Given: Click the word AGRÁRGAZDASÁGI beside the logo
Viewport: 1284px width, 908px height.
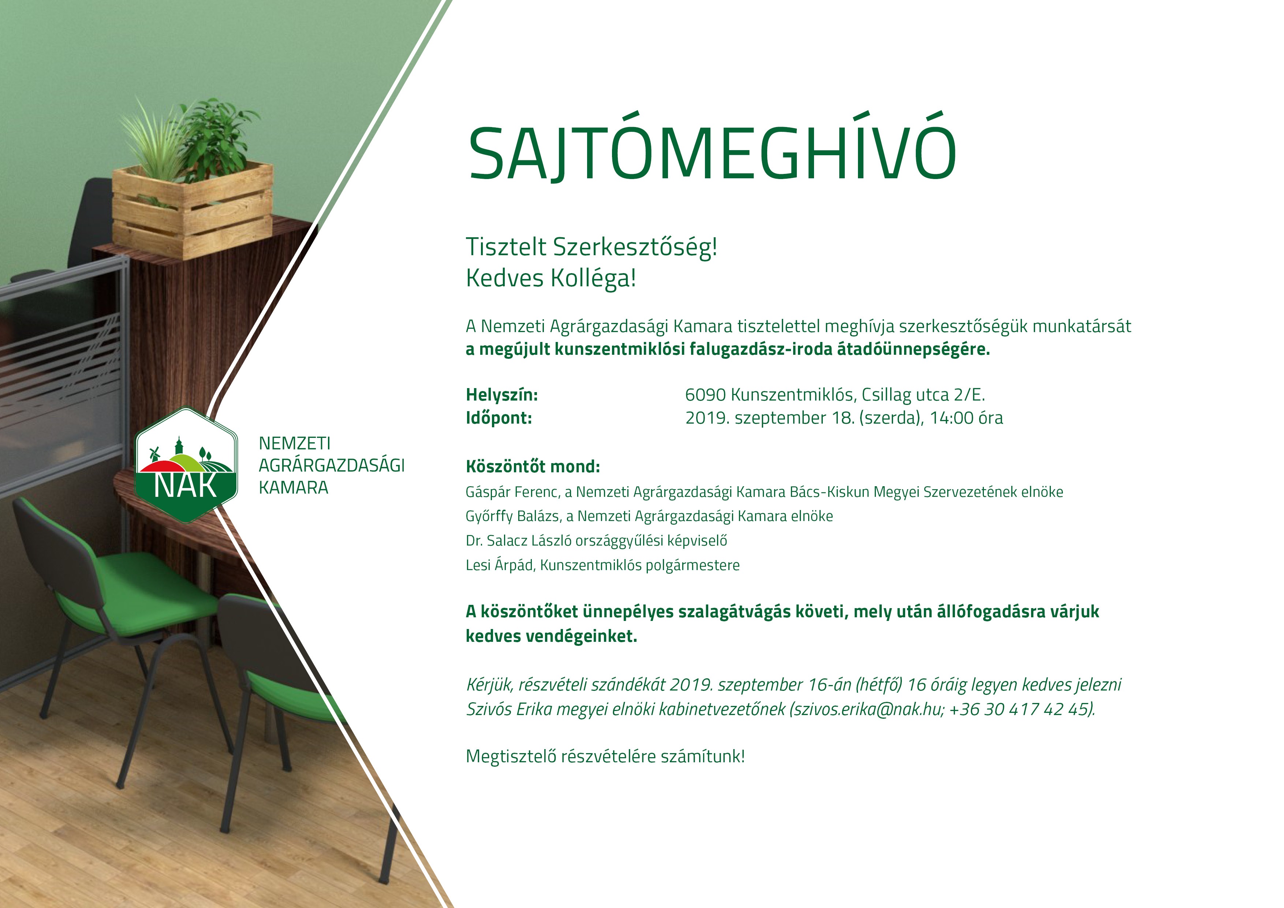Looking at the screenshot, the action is point(332,465).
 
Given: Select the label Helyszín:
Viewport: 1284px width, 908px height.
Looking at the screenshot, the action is point(502,395).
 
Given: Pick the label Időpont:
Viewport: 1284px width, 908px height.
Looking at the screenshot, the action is point(499,418).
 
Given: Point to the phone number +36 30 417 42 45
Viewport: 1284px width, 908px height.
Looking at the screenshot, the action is point(1020,710).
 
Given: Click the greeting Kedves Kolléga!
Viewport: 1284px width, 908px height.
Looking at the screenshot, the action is point(551,278).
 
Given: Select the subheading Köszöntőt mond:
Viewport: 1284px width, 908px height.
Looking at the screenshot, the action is point(533,466).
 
